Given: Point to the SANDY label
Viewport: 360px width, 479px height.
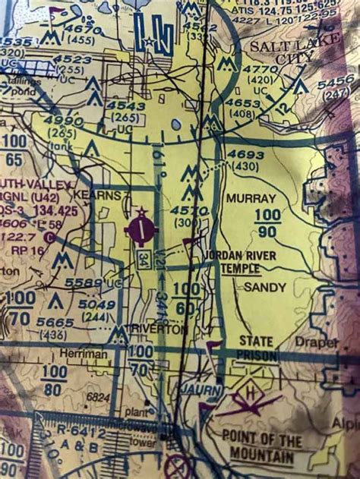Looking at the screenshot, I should pos(264,288).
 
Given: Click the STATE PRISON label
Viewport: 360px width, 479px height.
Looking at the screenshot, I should pos(257,348).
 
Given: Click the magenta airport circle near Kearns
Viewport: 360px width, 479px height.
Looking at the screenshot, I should pos(142,230).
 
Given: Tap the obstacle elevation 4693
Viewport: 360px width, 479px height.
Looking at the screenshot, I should pos(246,155).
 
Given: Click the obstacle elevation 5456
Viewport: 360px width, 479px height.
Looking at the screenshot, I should pos(335,84).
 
